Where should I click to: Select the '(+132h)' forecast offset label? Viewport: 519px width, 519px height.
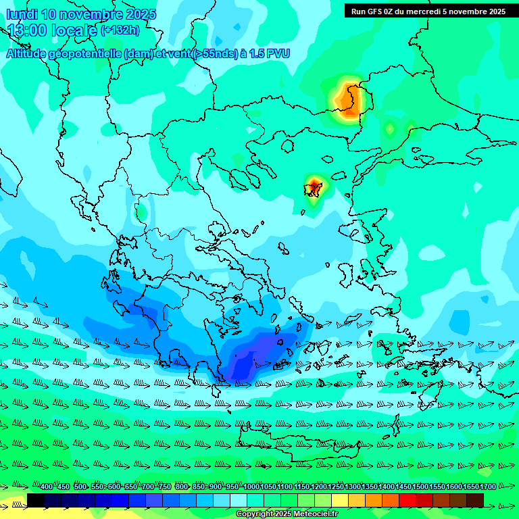[x=120, y=30]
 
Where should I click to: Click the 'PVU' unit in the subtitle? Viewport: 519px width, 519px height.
[x=278, y=53]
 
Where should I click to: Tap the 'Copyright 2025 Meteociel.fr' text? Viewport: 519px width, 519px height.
[x=287, y=514]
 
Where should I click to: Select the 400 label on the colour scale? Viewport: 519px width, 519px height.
[x=47, y=487]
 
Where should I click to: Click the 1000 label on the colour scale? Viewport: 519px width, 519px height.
[x=251, y=487]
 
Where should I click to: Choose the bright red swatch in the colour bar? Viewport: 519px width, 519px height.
[x=407, y=500]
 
